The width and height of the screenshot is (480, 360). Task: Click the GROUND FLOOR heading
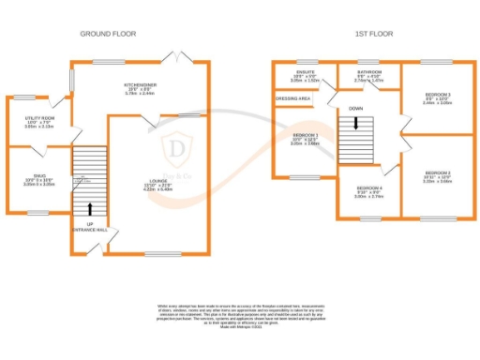(x=107, y=34)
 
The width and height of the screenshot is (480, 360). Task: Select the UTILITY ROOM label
(x=39, y=118)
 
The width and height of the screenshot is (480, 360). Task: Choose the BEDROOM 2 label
(x=438, y=173)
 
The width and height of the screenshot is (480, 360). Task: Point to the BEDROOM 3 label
(x=438, y=96)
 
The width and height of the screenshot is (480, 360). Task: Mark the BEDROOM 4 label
(x=366, y=190)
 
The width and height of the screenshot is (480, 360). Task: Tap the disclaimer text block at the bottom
(x=240, y=314)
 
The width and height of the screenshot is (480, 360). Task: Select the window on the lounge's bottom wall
(x=160, y=253)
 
